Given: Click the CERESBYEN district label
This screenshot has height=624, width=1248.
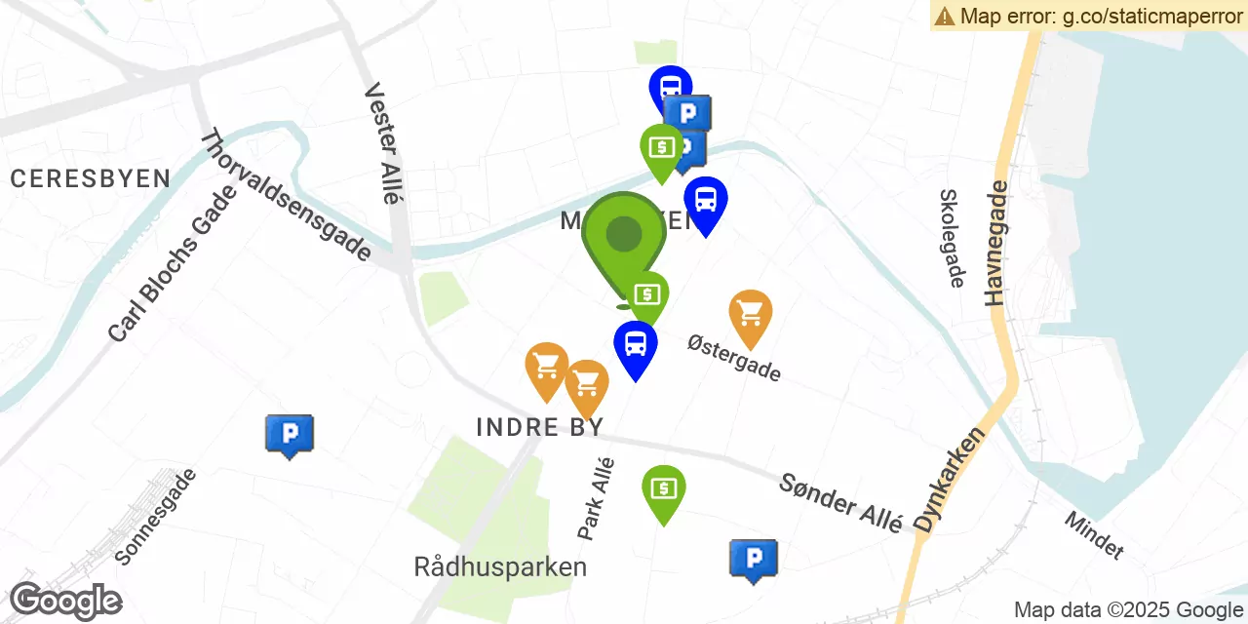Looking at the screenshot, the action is point(90,178).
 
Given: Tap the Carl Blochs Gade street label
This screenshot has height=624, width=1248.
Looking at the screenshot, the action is point(173,264).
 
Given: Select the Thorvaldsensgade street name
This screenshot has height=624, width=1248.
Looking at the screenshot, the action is point(286,196).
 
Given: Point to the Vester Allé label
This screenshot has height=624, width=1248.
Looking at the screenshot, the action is point(383,142).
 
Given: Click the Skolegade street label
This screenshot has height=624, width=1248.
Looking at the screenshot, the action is point(952,238).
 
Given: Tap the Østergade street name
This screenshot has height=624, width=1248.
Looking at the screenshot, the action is point(734,358).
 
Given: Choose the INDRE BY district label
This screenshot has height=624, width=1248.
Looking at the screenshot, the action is point(540,427).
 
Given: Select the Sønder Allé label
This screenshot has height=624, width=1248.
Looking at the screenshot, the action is point(840,502).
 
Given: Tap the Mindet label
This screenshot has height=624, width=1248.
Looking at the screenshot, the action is point(1094,535).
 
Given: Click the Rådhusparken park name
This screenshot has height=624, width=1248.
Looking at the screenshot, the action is point(500,566).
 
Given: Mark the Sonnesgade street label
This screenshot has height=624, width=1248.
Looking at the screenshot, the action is point(156,517).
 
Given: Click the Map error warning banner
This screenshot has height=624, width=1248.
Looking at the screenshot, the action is point(1088,16).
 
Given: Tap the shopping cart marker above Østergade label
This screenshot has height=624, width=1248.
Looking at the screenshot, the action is point(751,314).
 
